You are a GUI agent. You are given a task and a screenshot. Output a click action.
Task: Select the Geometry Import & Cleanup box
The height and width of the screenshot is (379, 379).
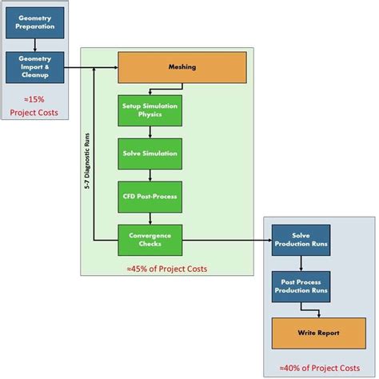[x=34, y=68]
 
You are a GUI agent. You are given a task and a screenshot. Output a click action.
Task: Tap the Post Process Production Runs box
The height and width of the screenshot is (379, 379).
[x=300, y=285]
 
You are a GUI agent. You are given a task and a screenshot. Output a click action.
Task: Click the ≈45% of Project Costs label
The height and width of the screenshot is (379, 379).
[x=166, y=269]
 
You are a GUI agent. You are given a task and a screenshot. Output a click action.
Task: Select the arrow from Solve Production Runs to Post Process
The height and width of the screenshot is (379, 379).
[x=300, y=264]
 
